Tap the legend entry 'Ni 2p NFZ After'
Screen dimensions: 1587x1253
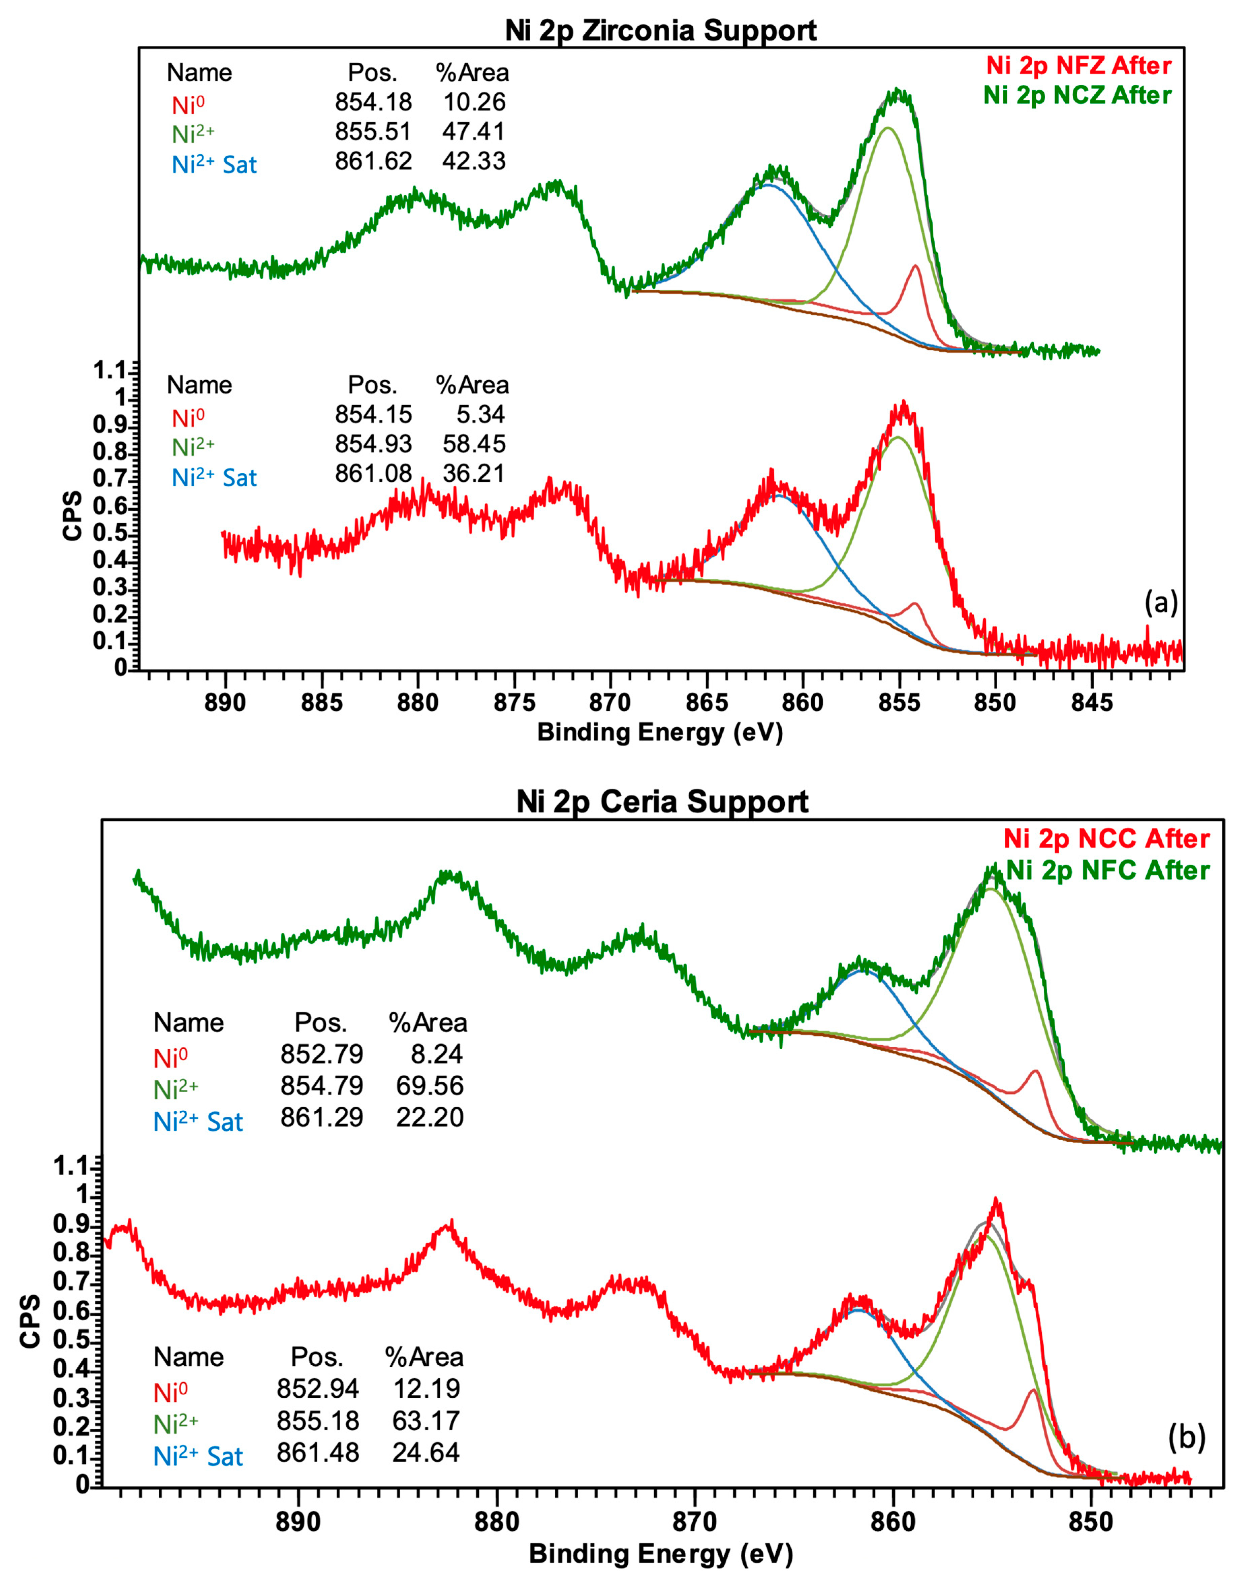tap(1078, 66)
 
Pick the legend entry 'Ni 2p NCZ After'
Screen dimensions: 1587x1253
tap(1077, 95)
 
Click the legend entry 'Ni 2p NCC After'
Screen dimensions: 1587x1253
tap(1106, 838)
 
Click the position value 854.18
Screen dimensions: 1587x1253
tap(373, 102)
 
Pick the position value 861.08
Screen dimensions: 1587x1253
tap(373, 474)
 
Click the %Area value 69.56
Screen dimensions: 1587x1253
tap(430, 1085)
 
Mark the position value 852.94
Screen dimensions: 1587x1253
tap(318, 1388)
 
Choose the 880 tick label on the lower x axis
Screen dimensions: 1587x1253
tap(497, 1522)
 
